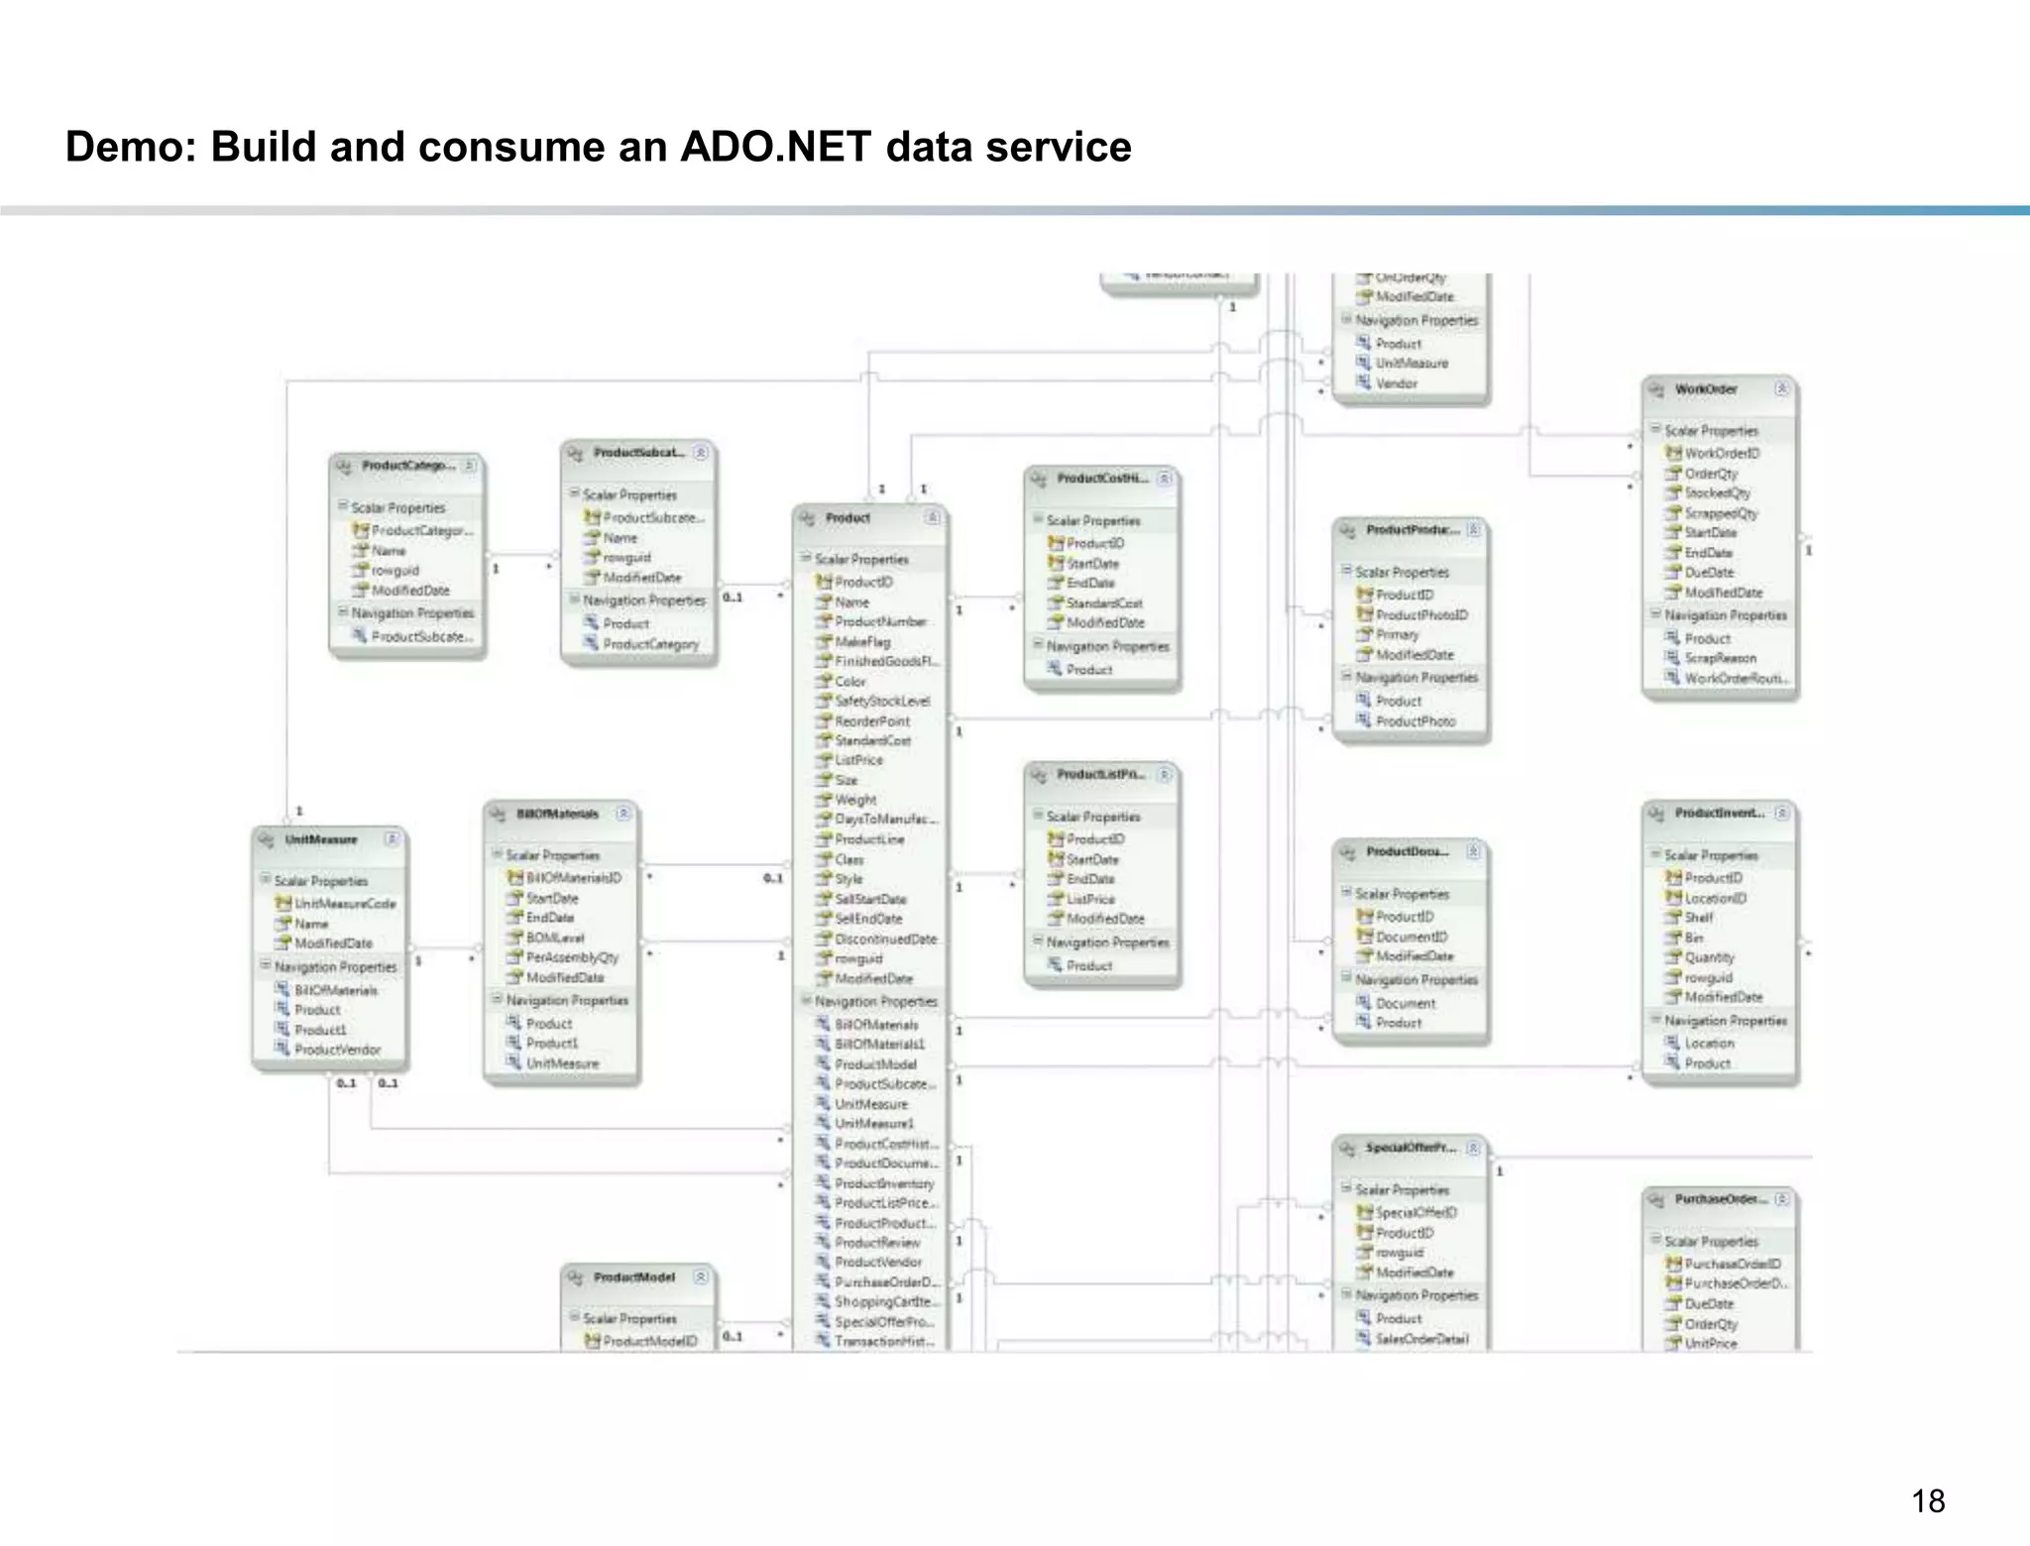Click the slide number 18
1927,1501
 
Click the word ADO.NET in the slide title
776,147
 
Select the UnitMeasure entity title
320,839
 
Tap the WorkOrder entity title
1705,389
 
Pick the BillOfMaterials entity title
557,814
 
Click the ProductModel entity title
633,1277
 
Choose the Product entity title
847,518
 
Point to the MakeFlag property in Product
861,641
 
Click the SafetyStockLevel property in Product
881,701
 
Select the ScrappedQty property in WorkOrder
1721,512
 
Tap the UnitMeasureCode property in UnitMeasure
344,903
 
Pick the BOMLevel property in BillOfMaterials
554,938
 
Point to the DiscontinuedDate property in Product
884,939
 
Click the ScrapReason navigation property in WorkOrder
1720,658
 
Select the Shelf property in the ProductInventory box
1698,918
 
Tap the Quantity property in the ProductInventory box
1709,957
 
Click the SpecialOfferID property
1415,1212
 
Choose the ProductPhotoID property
1420,614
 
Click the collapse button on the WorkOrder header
1781,389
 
